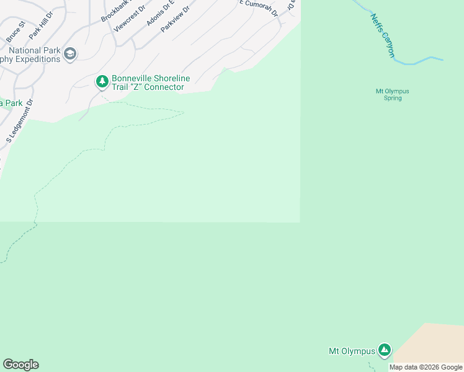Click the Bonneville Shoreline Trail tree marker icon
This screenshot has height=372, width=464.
coord(102,81)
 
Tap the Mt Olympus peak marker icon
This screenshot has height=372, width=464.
coord(385,350)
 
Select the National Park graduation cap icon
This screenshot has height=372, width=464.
coord(70,55)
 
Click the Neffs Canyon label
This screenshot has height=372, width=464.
coord(383,36)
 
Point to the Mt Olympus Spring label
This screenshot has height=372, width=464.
coord(393,94)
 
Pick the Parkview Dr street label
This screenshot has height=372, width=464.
coord(175,19)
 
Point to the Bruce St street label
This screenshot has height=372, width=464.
coord(16,32)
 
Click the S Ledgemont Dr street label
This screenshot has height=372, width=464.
coord(19,122)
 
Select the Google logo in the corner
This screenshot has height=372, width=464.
coord(20,365)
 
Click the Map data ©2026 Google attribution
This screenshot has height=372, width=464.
coord(426,367)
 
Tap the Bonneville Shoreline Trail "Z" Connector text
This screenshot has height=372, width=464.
coord(148,83)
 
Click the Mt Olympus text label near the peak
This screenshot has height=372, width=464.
coord(351,351)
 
